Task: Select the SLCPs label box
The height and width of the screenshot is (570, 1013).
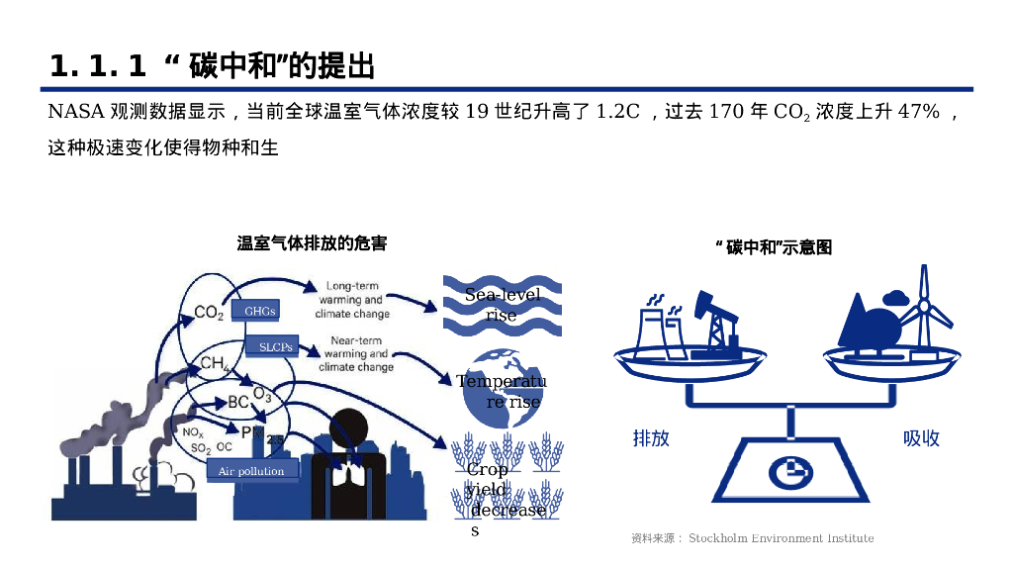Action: tap(276, 347)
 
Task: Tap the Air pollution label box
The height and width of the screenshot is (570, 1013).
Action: tap(251, 471)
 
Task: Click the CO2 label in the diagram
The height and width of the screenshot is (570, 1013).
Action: tap(208, 314)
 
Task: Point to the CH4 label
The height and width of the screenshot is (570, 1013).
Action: tap(215, 363)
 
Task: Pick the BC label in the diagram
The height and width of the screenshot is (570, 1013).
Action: tap(237, 402)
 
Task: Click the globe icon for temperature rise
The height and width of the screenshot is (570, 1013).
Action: tap(500, 384)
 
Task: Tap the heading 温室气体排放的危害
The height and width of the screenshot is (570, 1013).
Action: tap(312, 243)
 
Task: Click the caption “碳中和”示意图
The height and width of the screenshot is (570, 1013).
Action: tap(773, 247)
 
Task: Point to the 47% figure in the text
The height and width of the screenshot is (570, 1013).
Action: tap(918, 111)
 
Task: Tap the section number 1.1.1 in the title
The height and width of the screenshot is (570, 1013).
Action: tap(97, 66)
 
